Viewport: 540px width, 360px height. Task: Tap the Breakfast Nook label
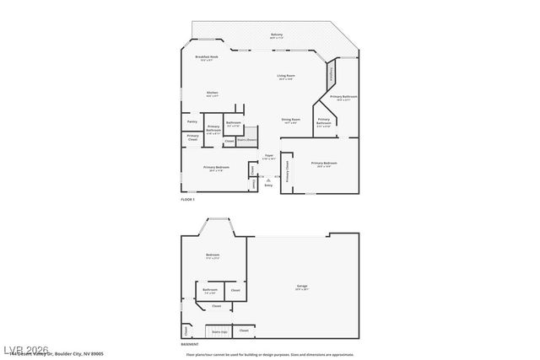[x=208, y=56]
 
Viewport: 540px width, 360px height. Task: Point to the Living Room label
[x=286, y=76]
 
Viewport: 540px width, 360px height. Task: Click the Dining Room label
[x=291, y=119]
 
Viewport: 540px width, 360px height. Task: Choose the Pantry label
[x=192, y=121]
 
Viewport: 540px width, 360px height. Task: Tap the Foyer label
[x=269, y=156]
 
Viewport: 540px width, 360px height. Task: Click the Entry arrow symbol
[x=268, y=179]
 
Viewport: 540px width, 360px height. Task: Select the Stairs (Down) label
[x=246, y=141]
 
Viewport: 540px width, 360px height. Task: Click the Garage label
[x=302, y=287]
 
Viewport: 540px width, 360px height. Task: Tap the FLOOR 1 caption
[x=187, y=199]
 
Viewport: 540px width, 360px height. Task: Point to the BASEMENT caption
[x=190, y=344]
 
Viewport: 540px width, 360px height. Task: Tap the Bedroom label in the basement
[x=213, y=255]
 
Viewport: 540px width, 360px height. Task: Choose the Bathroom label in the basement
[x=209, y=290]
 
